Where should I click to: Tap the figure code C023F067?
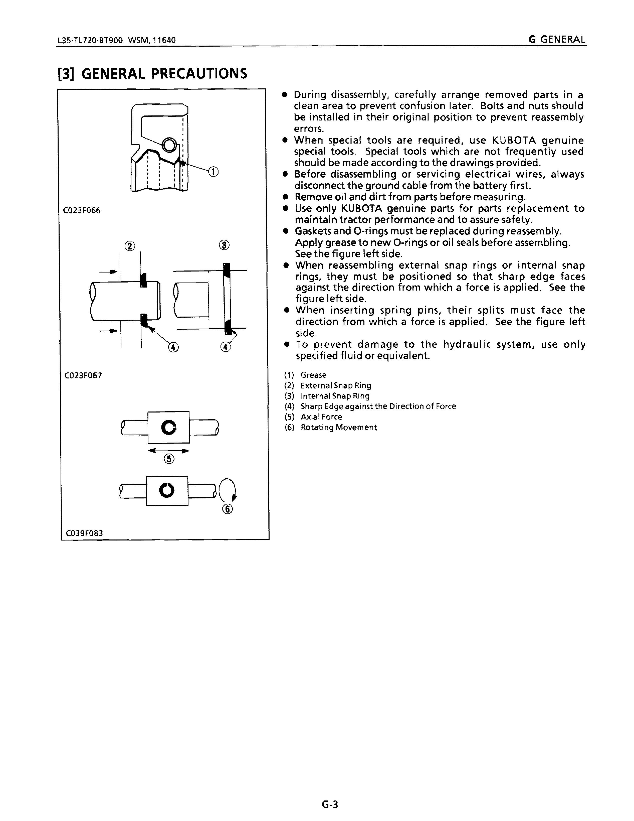tap(83, 375)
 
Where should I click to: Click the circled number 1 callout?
tap(213, 172)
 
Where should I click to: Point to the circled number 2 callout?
tap(129, 246)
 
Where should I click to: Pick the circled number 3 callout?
tap(224, 245)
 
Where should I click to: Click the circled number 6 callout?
tap(228, 509)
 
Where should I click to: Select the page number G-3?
tap(330, 804)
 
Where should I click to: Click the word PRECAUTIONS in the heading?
tap(199, 74)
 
